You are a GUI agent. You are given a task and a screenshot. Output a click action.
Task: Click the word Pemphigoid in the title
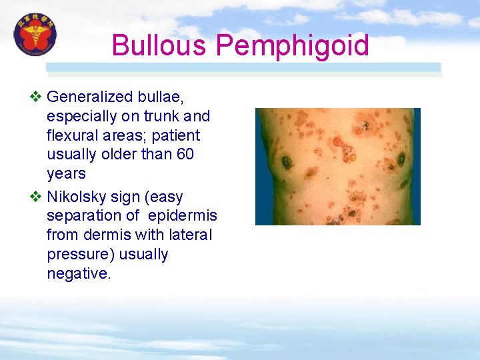pyautogui.click(x=293, y=46)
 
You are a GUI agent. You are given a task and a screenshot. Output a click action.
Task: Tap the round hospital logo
pyautogui.click(x=35, y=35)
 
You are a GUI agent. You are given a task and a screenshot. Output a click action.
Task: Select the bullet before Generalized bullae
pyautogui.click(x=36, y=97)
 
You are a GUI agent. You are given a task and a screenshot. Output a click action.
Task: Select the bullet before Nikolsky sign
pyautogui.click(x=36, y=197)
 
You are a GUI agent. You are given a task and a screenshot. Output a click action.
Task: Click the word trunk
pyautogui.click(x=160, y=117)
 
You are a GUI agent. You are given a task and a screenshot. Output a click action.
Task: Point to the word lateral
pyautogui.click(x=190, y=235)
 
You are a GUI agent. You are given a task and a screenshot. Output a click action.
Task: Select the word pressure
pyautogui.click(x=75, y=255)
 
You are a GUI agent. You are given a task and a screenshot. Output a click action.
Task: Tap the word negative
pyautogui.click(x=79, y=274)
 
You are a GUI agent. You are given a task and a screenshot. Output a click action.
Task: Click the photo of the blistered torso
pyautogui.click(x=337, y=166)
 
